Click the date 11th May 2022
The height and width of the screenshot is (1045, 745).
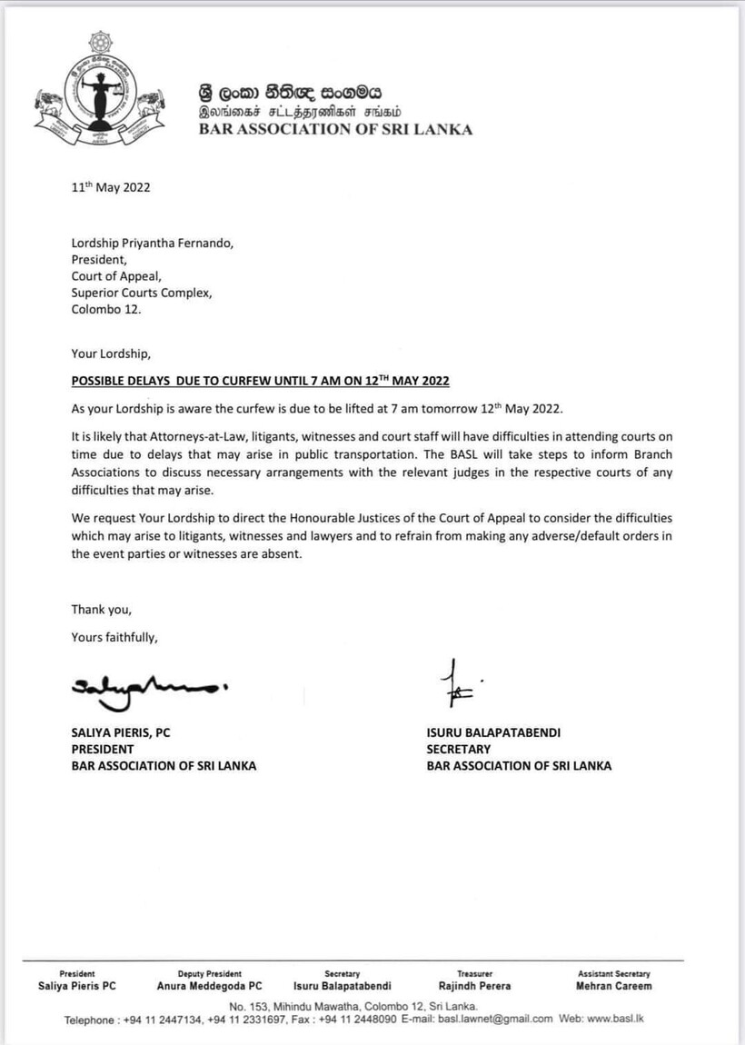tap(111, 188)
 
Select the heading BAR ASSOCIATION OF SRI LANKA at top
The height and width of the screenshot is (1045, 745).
tap(336, 129)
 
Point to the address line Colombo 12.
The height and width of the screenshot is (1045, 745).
tap(106, 309)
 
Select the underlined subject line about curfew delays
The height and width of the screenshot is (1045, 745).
tap(261, 380)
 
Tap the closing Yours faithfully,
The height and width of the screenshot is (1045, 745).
tap(114, 637)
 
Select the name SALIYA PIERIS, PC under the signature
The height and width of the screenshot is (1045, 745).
tap(121, 733)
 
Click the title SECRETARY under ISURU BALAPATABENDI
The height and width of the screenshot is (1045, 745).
tap(459, 750)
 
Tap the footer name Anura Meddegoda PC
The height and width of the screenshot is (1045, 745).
tap(210, 986)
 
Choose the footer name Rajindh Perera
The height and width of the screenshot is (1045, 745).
tap(474, 986)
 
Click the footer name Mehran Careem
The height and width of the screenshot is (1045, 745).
tap(613, 986)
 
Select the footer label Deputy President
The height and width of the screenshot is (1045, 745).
tap(210, 973)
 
